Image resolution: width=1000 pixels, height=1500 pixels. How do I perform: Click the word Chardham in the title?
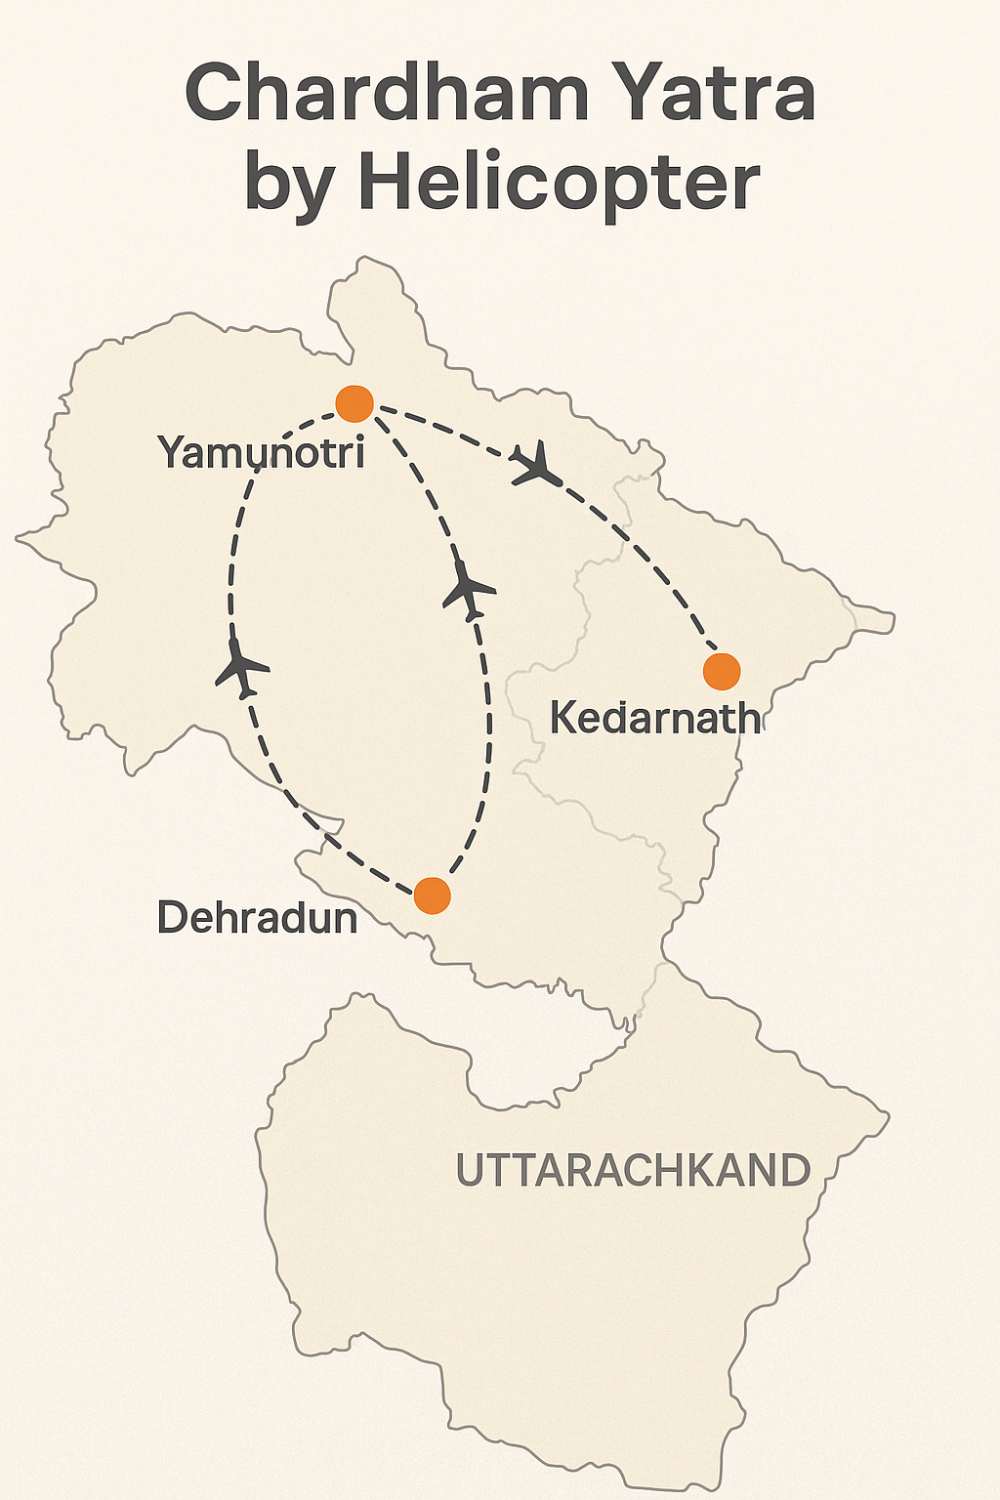coord(386,93)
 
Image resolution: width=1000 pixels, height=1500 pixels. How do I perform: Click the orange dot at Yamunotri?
coord(354,402)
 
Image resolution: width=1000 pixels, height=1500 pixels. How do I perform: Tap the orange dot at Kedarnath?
coord(722,672)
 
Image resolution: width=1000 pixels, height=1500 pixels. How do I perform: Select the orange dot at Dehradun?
coord(432,895)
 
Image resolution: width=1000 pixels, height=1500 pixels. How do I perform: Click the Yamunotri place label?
coord(261,452)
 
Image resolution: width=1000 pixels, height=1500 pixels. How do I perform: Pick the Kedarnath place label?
coord(654,718)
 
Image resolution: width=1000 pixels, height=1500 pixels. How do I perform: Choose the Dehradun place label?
coord(258,918)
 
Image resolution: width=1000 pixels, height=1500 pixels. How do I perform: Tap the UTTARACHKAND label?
coord(633,1170)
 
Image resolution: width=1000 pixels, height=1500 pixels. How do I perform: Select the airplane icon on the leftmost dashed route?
coord(241,669)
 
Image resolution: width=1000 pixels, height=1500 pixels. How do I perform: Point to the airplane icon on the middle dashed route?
coord(470,591)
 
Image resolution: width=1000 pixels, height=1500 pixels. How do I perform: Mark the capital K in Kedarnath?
coord(564,718)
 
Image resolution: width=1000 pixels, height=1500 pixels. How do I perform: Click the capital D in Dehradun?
coord(172,918)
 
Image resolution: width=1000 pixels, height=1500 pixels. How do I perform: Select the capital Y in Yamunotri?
coord(172,452)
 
